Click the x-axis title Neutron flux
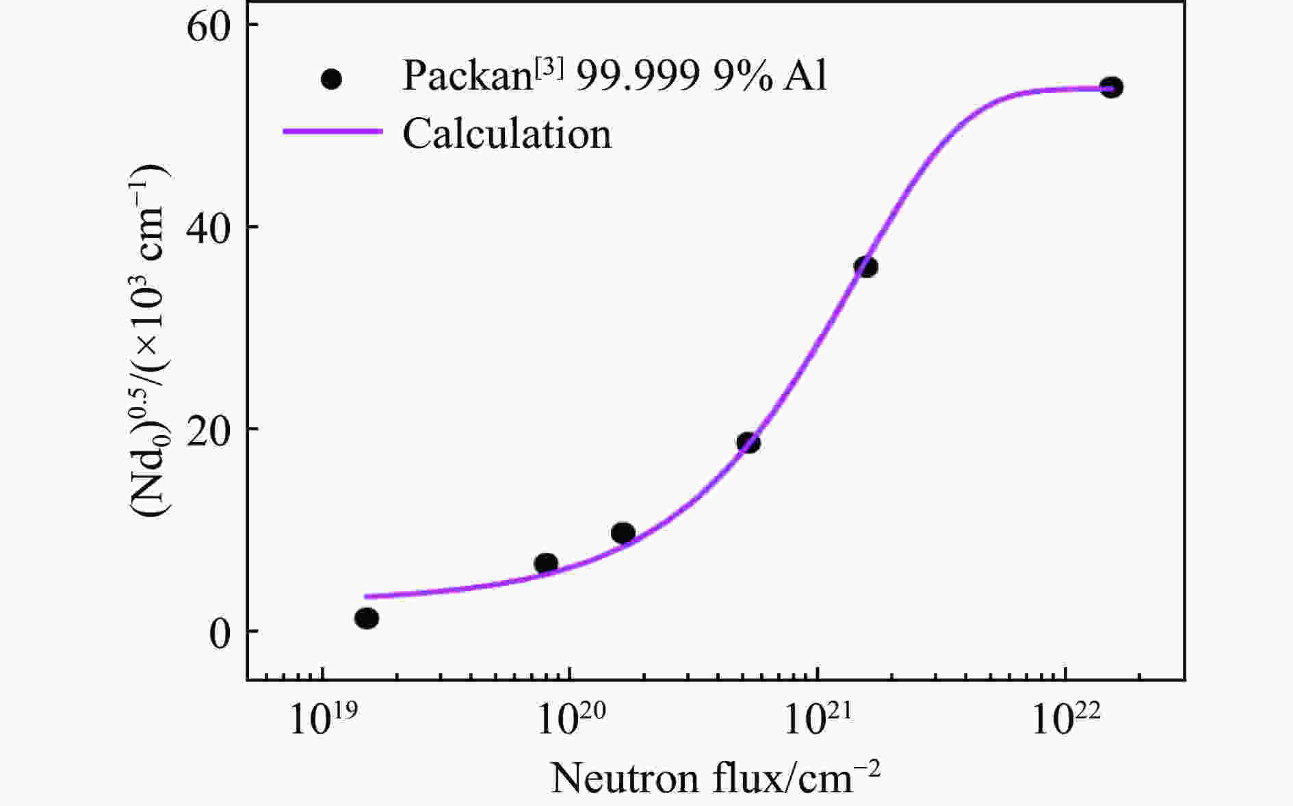coord(715,779)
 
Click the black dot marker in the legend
coord(332,79)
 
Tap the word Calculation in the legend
coord(507,133)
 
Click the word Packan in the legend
coord(466,75)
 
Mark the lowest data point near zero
coord(367,619)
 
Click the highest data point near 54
coord(1111,88)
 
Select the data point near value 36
coord(865,267)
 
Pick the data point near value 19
coord(748,443)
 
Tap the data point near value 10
coord(623,532)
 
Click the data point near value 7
coord(546,563)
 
